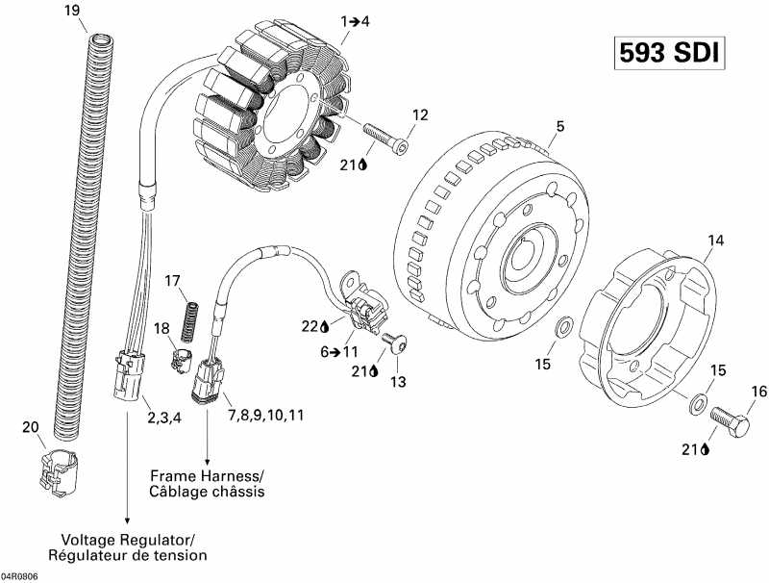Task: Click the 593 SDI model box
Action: tap(666, 53)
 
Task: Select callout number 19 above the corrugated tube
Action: tap(71, 11)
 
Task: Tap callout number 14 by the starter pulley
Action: tap(715, 239)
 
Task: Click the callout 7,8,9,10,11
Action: tap(265, 415)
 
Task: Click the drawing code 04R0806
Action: tap(20, 574)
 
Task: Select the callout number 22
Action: tap(310, 325)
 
